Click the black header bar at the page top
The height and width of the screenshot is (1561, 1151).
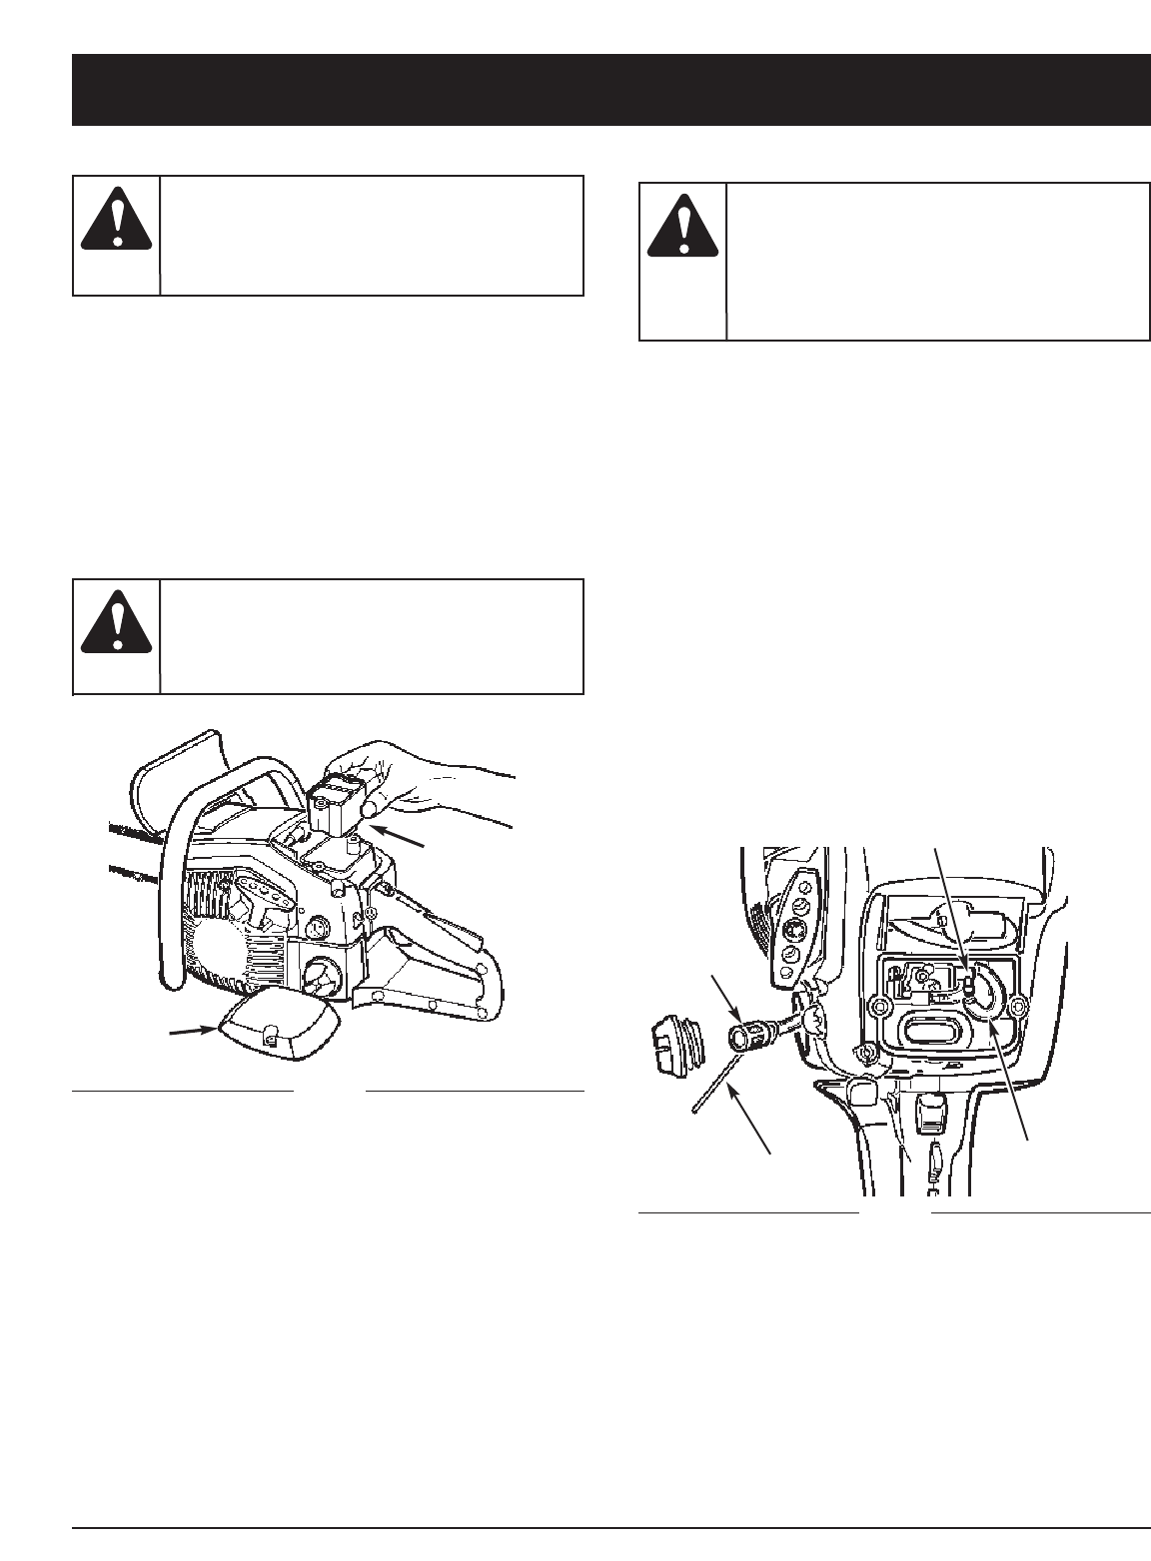tap(610, 90)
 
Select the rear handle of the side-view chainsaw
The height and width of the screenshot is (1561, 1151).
tap(440, 959)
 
